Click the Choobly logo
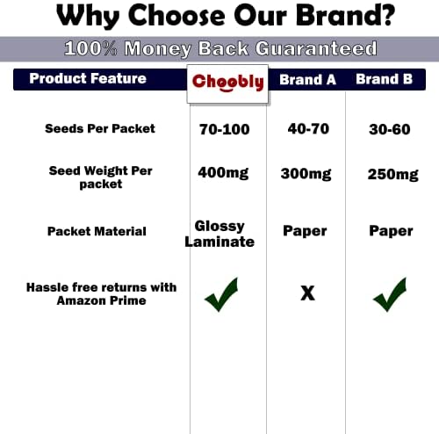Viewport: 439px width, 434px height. coord(228,83)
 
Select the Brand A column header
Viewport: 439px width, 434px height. coord(307,80)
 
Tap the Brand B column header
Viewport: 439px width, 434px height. coord(385,79)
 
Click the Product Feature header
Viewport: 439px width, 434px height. coord(88,78)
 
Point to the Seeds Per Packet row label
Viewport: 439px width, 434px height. coord(100,129)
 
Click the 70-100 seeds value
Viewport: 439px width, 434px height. coord(225,129)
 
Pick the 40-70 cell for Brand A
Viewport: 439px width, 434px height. coord(308,129)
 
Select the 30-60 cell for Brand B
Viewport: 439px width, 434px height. coord(390,129)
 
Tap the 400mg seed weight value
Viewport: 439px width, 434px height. coord(223,173)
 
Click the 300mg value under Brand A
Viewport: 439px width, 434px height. coord(306,174)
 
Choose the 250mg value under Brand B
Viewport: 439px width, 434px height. coord(393,175)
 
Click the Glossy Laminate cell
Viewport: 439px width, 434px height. coord(219,234)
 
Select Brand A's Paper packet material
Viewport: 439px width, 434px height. coord(305,231)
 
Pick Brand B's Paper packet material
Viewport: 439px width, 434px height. coord(391,231)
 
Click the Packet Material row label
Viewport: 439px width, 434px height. coord(97,231)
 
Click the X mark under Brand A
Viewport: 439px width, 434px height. coord(308,293)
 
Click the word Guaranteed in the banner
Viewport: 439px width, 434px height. coord(316,48)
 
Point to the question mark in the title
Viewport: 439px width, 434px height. coord(386,15)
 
